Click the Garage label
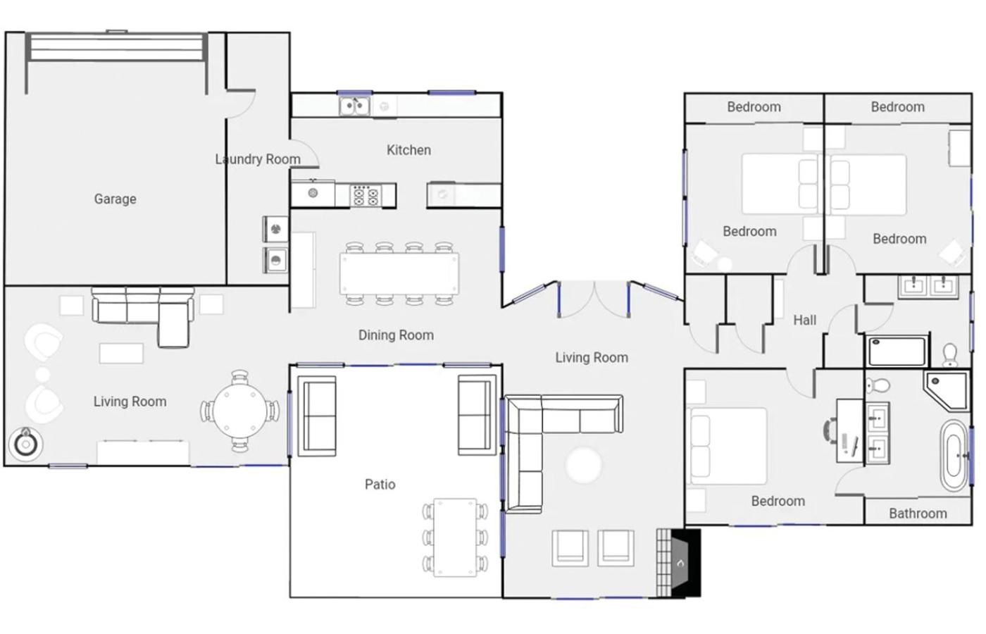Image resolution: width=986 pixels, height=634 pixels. pos(116,199)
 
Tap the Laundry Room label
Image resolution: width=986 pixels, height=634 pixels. pos(258,159)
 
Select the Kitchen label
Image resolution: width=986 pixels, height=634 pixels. pos(409,150)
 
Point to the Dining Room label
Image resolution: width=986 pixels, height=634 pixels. pos(396,335)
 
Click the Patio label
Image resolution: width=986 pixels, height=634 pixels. pos(380,485)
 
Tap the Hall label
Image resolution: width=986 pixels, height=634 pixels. pos(804,320)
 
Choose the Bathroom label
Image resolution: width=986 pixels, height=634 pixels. pos(918,514)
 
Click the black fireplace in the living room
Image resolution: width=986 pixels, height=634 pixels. pos(686,563)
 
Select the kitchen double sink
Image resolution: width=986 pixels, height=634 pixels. pos(354,106)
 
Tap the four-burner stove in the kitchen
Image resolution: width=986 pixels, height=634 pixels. pos(366,196)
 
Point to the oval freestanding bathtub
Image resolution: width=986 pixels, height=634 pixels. pos(954,456)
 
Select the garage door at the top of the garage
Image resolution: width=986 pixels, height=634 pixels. pos(117,48)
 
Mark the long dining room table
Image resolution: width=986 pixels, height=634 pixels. pos(399,273)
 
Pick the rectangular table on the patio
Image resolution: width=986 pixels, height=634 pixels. pos(455,537)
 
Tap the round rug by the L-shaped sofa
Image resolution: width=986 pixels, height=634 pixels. pos(583,466)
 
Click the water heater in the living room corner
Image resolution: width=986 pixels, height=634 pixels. pos(26,445)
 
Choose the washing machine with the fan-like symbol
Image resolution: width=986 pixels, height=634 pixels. pos(275,229)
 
